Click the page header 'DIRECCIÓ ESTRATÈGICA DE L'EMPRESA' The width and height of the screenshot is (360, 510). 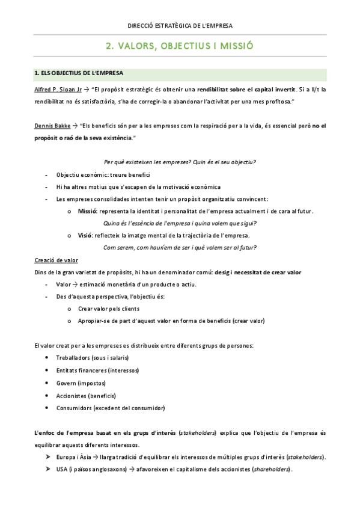(180, 26)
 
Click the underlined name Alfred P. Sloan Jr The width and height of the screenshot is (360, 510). (58, 89)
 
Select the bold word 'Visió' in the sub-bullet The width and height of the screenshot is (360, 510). (86, 235)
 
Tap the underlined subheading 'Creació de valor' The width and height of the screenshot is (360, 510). (56, 260)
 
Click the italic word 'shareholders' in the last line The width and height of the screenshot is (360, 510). (271, 470)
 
